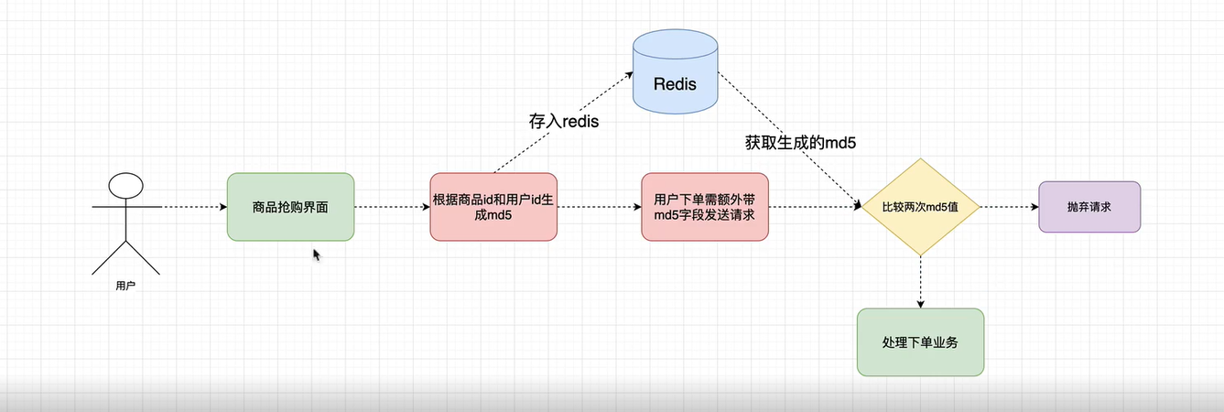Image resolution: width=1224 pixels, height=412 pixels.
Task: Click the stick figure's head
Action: point(126,187)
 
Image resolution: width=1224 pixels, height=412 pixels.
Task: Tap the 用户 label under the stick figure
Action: point(126,287)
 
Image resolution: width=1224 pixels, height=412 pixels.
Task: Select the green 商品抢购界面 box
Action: point(290,207)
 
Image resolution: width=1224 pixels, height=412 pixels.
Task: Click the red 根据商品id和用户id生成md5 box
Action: point(493,207)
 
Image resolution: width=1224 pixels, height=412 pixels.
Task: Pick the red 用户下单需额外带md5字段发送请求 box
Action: point(705,207)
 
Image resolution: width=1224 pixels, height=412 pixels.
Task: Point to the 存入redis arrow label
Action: point(563,121)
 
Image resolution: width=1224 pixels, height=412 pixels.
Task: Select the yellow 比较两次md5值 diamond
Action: point(920,207)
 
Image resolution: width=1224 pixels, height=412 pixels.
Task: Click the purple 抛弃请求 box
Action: point(1089,207)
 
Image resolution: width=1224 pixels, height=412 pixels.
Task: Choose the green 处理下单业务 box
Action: point(920,342)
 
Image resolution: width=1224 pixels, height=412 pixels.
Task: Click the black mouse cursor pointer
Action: point(317,255)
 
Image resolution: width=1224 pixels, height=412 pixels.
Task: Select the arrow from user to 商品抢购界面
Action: point(194,207)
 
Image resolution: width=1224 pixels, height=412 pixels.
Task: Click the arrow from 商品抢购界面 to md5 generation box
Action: point(392,207)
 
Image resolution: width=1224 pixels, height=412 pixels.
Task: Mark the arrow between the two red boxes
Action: point(599,207)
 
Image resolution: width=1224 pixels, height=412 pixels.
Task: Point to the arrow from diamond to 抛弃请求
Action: point(1009,207)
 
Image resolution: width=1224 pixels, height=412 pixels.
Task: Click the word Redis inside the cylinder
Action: point(675,84)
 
